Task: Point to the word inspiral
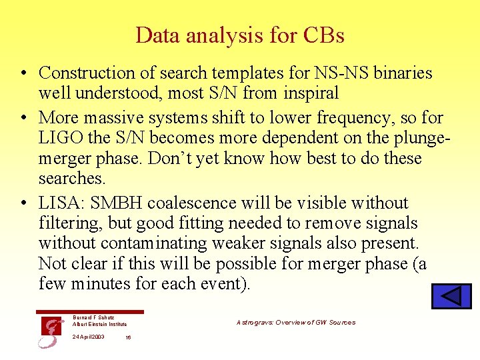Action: click(x=311, y=93)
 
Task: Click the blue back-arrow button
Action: click(x=451, y=296)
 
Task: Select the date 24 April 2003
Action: click(x=88, y=337)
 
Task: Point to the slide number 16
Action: click(x=128, y=337)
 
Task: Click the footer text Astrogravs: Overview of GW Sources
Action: click(x=295, y=323)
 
